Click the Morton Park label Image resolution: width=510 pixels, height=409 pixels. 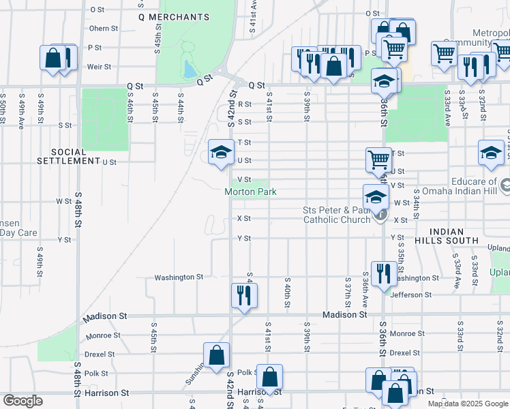(x=251, y=192)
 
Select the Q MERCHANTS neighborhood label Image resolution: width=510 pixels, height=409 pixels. (x=173, y=16)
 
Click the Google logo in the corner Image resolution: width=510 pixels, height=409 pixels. (x=23, y=401)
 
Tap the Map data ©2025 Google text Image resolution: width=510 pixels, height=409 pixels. (x=468, y=404)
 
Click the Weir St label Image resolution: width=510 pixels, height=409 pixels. (x=100, y=67)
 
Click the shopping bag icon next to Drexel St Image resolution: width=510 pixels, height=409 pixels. (x=216, y=354)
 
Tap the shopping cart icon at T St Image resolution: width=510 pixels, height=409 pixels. (x=378, y=160)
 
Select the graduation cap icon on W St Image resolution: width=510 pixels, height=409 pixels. (x=375, y=197)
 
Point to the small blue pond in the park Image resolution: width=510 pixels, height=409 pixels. (x=189, y=69)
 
